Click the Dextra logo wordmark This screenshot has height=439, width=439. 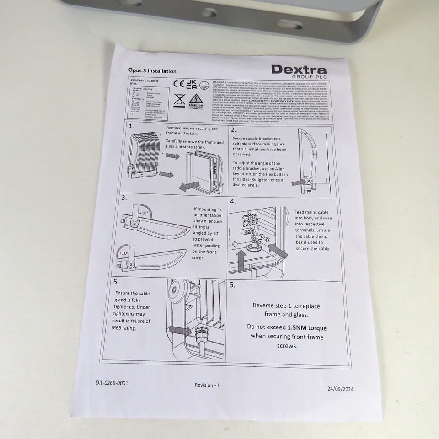pyautogui.click(x=299, y=70)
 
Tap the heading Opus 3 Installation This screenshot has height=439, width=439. pyautogui.click(x=152, y=71)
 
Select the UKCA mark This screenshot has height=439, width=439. pyautogui.click(x=192, y=84)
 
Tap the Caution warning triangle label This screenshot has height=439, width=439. pyautogui.click(x=196, y=101)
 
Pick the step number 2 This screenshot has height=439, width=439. pyautogui.click(x=233, y=130)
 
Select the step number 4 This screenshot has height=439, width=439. pyautogui.click(x=233, y=201)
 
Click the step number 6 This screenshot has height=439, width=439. pyautogui.click(x=232, y=284)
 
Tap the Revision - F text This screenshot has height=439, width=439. pyautogui.click(x=207, y=385)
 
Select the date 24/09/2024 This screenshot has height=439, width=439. pyautogui.click(x=341, y=389)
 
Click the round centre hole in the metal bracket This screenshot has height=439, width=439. pyautogui.click(x=210, y=13)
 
